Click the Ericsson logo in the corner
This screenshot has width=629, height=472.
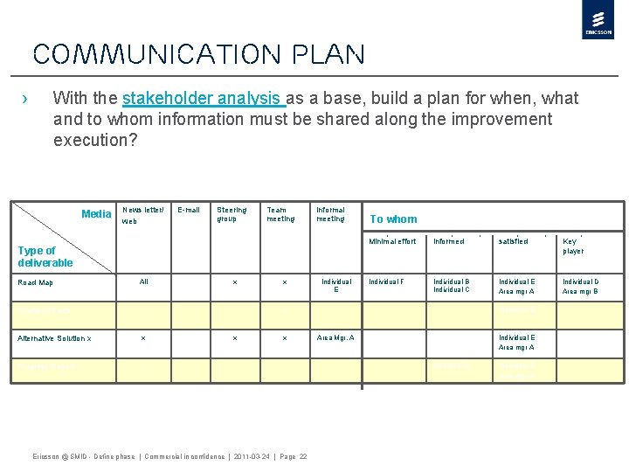(598, 20)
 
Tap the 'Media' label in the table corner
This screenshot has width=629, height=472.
(96, 214)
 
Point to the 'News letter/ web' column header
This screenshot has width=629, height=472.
(136, 215)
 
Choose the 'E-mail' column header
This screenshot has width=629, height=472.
(189, 210)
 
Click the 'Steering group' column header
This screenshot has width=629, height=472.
(232, 214)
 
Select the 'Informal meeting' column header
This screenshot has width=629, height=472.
(330, 214)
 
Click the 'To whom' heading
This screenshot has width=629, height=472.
(393, 219)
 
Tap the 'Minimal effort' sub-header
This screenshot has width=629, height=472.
(392, 241)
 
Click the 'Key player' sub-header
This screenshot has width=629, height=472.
(574, 246)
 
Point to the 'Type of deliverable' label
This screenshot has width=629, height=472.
(45, 256)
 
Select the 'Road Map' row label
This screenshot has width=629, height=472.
(36, 282)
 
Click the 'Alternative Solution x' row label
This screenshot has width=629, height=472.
(54, 337)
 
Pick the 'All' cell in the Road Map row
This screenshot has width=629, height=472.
(144, 281)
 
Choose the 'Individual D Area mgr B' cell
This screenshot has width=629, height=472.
(580, 286)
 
